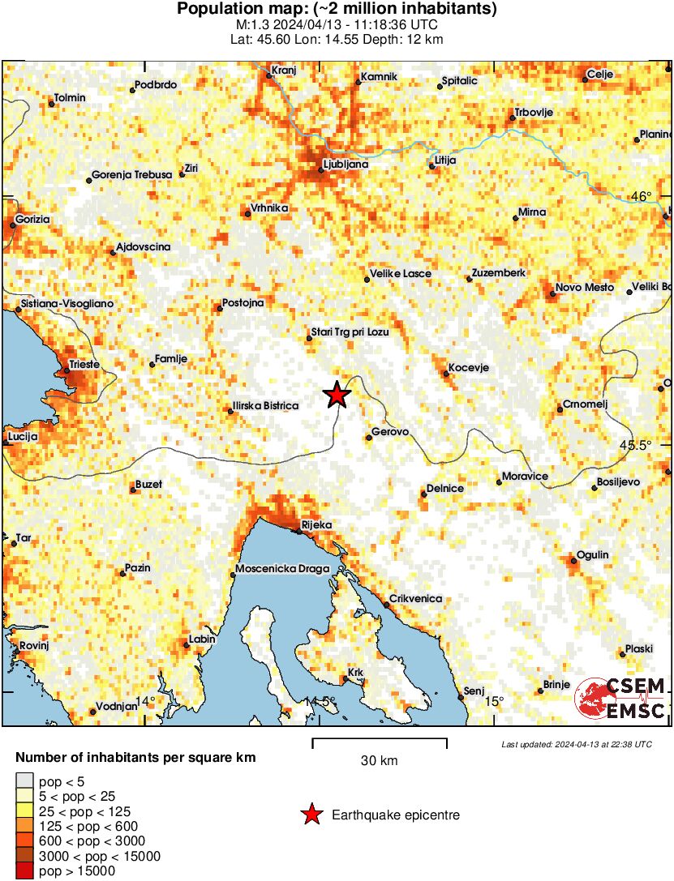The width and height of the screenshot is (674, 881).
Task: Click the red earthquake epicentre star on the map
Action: [x=337, y=395]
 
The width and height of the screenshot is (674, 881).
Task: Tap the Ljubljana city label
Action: [x=346, y=164]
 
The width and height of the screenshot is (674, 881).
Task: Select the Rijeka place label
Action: [x=316, y=525]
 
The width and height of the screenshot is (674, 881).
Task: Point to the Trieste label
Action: [x=84, y=365]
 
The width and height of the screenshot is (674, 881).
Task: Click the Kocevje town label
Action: [x=468, y=367]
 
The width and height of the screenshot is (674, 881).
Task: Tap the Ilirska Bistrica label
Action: [x=265, y=406]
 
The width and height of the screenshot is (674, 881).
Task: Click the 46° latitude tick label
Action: [x=641, y=197]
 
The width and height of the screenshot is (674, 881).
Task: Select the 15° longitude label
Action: [x=494, y=701]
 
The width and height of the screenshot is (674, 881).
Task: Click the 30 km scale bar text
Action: [x=379, y=760]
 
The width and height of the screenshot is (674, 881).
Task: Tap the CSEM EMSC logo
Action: [x=620, y=699]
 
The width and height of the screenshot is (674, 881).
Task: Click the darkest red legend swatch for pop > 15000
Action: [x=24, y=871]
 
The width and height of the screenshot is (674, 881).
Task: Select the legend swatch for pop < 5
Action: [x=24, y=781]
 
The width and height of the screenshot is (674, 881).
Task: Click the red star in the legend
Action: [x=310, y=815]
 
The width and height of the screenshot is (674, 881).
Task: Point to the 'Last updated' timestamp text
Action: [x=576, y=744]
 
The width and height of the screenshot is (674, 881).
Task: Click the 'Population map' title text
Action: [x=337, y=10]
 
